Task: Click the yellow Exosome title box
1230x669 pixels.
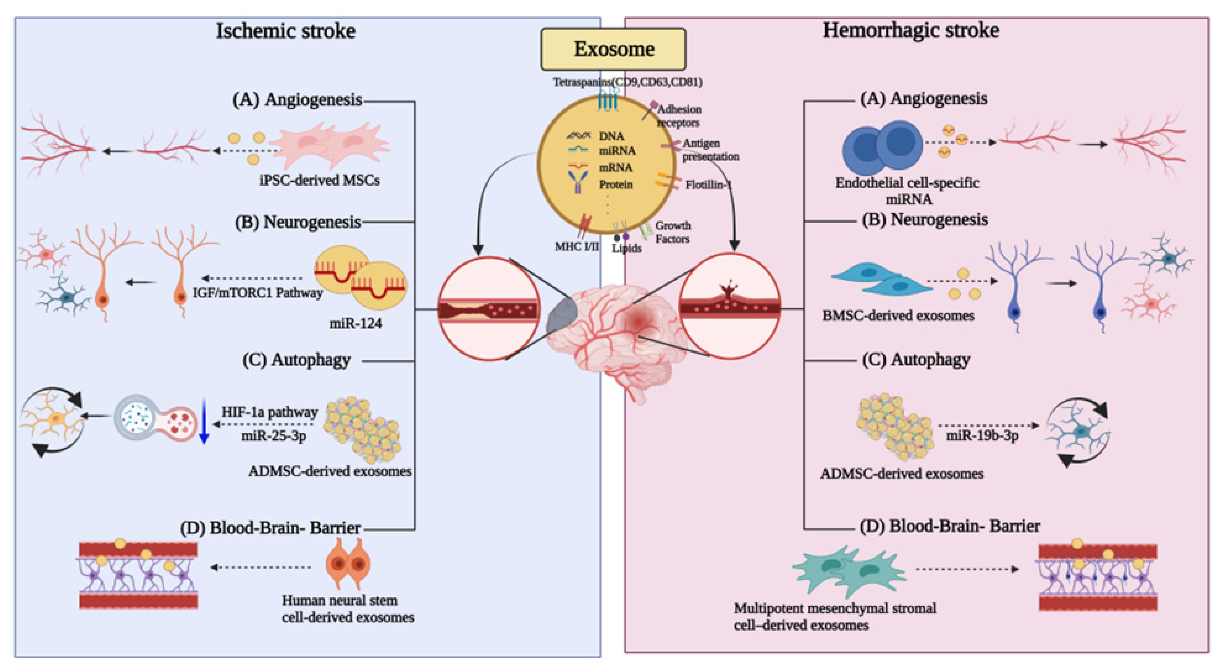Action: tap(613, 49)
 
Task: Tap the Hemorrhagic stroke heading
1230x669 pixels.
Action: tap(911, 30)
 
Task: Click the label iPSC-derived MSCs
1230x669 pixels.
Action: tap(319, 180)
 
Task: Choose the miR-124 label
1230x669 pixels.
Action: tap(356, 323)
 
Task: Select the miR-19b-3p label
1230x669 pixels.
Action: tap(982, 436)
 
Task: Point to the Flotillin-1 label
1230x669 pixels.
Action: tap(708, 185)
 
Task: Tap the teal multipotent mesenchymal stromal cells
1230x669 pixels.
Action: tap(849, 571)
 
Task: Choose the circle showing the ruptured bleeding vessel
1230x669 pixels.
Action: tap(730, 306)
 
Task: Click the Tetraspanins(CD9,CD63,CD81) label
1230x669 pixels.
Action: tap(627, 82)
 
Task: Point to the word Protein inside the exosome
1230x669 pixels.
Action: tap(616, 184)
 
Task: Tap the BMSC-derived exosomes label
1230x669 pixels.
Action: tap(898, 316)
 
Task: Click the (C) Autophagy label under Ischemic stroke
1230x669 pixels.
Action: tap(297, 360)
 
